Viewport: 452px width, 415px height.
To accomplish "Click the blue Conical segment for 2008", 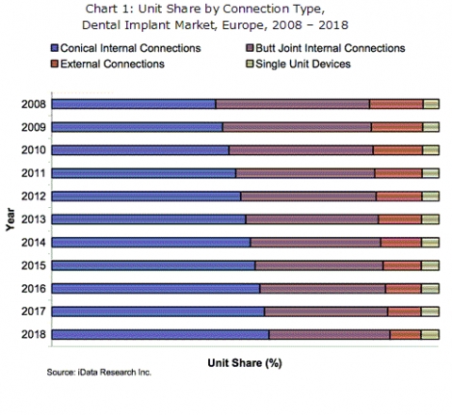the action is [x=134, y=104].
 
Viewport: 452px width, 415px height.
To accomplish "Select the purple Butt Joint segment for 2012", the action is [x=309, y=197].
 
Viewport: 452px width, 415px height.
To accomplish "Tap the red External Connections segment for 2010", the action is [x=398, y=151].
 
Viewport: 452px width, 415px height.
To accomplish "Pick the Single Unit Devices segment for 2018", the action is [x=430, y=335].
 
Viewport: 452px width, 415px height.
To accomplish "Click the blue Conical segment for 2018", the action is [x=160, y=335].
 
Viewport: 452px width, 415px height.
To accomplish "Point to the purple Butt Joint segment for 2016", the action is [x=323, y=289].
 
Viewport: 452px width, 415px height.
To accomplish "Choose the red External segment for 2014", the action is [x=401, y=243].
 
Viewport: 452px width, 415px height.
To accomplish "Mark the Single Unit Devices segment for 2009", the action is [x=431, y=127].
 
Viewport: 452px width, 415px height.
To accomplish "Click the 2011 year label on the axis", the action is [x=34, y=173].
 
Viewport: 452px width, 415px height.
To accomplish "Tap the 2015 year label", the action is [x=34, y=265].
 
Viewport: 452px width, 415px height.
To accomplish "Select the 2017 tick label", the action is [x=34, y=311].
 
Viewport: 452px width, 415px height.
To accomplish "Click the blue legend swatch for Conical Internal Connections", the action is [x=55, y=48].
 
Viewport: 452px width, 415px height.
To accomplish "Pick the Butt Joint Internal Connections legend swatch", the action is [x=250, y=48].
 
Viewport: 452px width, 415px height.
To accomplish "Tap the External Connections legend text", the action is [x=112, y=64].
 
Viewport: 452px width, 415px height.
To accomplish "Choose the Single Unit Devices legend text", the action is [x=303, y=64].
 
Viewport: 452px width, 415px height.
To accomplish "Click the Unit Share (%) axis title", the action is [x=245, y=363].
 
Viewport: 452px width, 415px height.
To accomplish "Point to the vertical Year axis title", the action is [x=10, y=219].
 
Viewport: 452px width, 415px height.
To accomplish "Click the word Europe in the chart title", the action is [x=245, y=25].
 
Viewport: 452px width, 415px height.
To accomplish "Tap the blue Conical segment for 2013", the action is [x=149, y=219].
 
